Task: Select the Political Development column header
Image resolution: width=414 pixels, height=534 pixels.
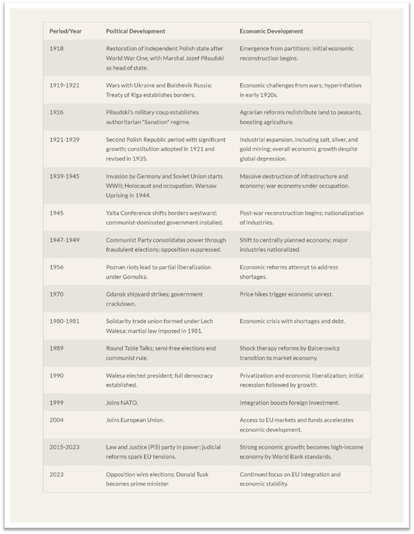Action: point(135,31)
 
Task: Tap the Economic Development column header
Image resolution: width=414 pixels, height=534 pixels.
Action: point(271,31)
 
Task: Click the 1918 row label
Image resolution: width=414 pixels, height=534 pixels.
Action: point(57,49)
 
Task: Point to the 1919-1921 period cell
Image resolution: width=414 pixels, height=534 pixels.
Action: point(64,85)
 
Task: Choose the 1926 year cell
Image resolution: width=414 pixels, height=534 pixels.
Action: point(57,112)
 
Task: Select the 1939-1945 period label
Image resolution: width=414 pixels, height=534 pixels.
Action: point(64,176)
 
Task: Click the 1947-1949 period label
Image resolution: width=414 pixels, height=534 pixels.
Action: point(64,240)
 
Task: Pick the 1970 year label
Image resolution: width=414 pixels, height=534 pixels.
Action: point(57,294)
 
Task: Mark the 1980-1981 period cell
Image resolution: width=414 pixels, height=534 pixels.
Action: point(64,321)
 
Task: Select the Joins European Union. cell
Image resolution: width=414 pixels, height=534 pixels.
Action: point(135,420)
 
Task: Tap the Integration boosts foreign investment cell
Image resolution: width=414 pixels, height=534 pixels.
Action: point(288,402)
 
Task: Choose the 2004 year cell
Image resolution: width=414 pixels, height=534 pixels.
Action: point(57,420)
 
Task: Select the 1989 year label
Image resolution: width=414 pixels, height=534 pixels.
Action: point(57,349)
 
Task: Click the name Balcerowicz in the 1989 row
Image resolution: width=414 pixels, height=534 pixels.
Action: point(328,349)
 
